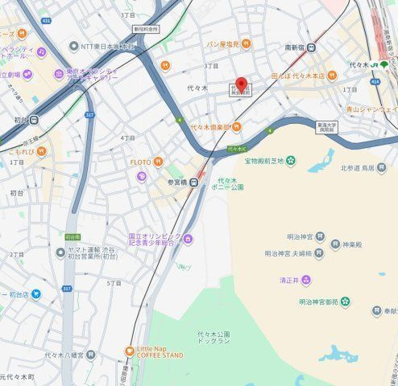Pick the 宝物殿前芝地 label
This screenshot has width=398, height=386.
[x=263, y=162]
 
